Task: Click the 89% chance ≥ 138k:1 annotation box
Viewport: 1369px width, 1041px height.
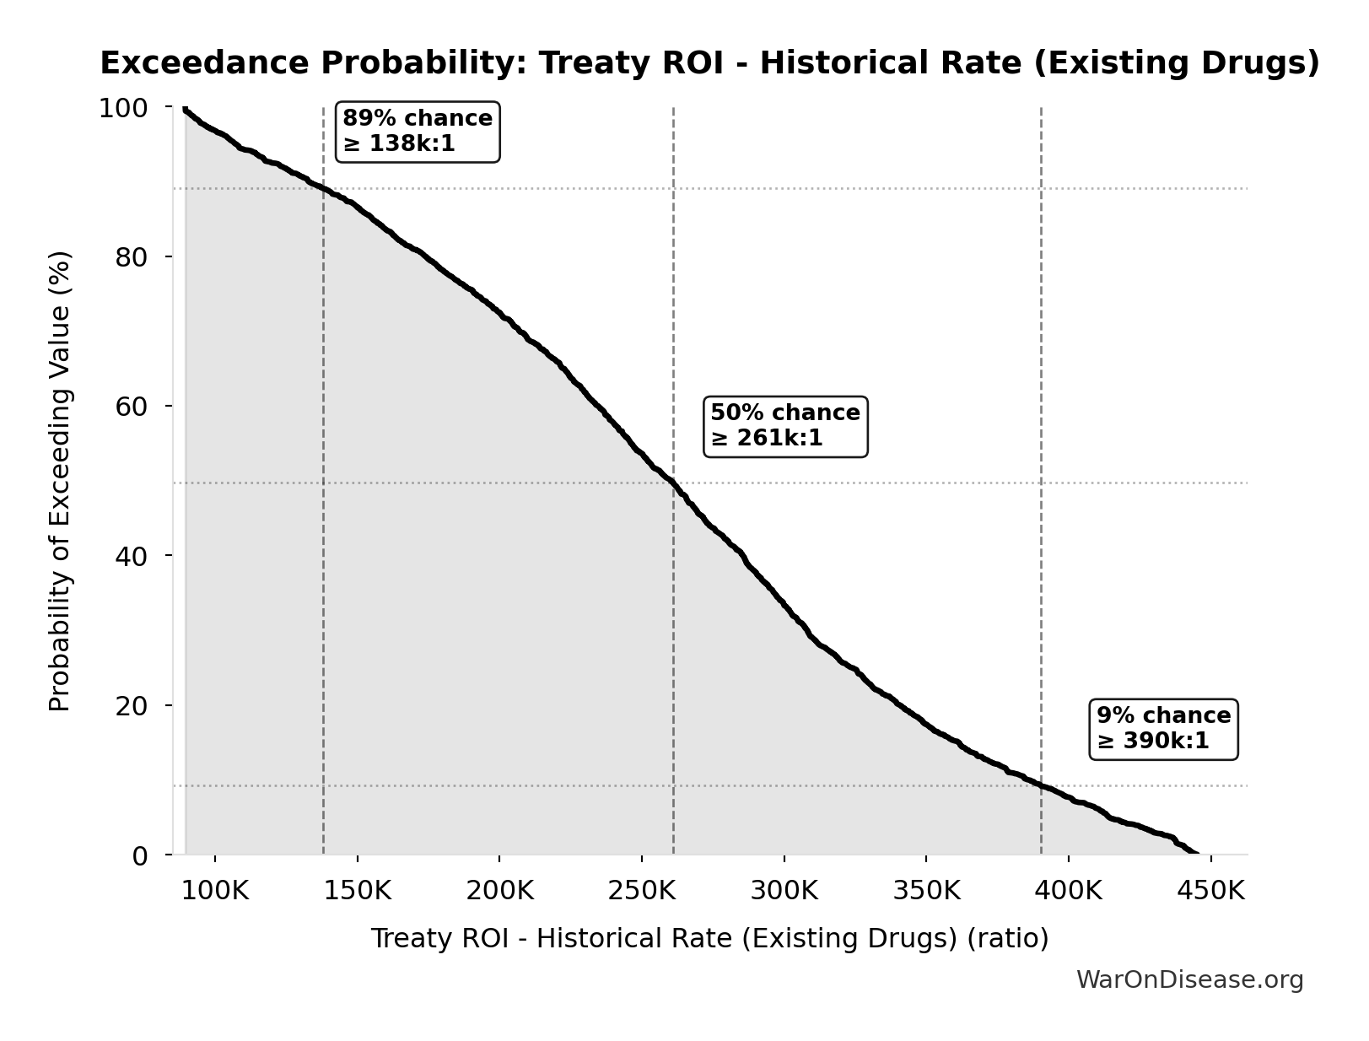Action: coord(418,131)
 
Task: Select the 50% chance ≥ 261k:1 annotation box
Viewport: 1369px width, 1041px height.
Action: coord(785,425)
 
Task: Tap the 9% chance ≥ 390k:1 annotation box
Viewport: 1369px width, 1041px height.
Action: coord(1163,728)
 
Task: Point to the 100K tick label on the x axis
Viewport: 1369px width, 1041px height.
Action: coord(215,891)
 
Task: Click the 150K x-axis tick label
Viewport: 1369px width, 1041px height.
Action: coord(358,891)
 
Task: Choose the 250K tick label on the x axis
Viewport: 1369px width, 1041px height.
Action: coord(642,891)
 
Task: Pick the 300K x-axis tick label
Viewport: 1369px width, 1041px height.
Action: coord(784,891)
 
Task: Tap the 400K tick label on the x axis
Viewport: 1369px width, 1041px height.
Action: coord(1069,891)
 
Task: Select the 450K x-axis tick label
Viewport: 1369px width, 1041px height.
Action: coord(1211,891)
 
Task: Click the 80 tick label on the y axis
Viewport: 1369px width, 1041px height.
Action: coord(131,256)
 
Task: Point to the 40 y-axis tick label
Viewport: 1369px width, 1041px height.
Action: coord(131,556)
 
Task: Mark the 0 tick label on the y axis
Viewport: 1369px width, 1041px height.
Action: coord(140,855)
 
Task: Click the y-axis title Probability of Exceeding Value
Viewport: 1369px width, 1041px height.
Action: coord(60,481)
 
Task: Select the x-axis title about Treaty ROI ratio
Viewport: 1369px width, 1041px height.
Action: coord(709,938)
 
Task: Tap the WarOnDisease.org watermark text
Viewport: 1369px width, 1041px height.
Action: coord(1189,979)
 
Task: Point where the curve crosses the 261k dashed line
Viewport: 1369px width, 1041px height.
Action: coord(673,483)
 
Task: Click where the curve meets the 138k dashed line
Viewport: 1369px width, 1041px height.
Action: coord(324,188)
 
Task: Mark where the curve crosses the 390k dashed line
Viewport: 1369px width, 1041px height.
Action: coord(1041,785)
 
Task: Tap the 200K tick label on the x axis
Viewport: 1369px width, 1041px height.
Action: coord(499,891)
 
